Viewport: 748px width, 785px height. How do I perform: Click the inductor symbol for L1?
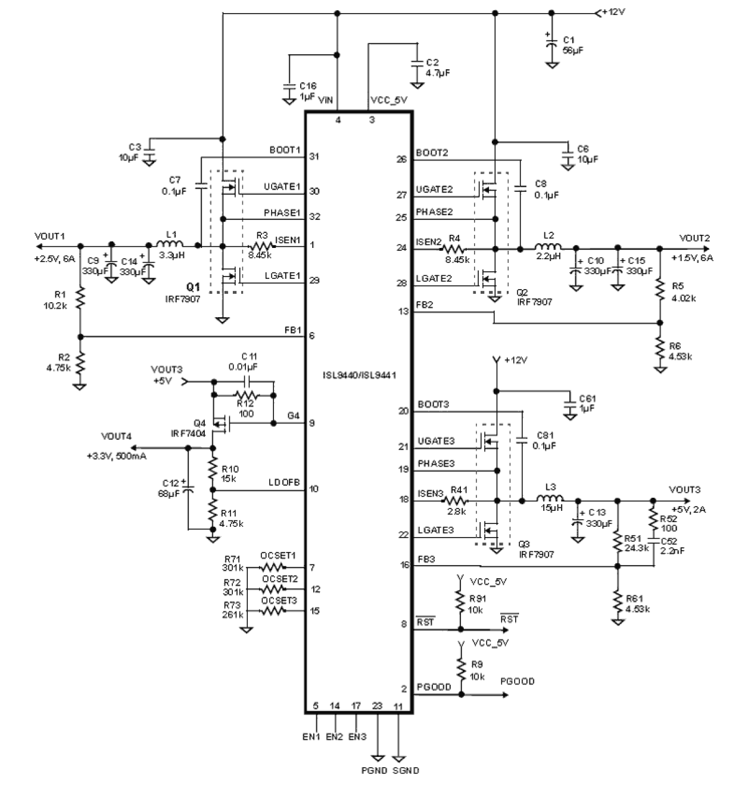pyautogui.click(x=170, y=244)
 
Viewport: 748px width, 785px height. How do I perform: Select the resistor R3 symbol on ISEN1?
pyautogui.click(x=260, y=246)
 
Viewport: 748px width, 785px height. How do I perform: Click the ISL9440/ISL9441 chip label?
pyautogui.click(x=359, y=376)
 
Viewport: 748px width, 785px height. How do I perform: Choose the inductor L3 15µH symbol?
pyautogui.click(x=551, y=499)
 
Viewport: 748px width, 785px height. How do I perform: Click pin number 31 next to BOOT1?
pyautogui.click(x=314, y=157)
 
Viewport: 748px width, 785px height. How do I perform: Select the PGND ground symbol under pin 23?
pyautogui.click(x=378, y=756)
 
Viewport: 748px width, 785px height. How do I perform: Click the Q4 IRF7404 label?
pyautogui.click(x=189, y=429)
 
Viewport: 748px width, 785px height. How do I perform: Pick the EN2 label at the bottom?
pyautogui.click(x=334, y=737)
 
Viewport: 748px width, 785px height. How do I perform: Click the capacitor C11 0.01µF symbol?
pyautogui.click(x=248, y=381)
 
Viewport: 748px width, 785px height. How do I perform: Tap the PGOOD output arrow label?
pyautogui.click(x=517, y=681)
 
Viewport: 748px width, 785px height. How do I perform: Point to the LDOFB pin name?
pyautogui.click(x=284, y=482)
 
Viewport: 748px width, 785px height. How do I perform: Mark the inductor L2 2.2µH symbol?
pyautogui.click(x=548, y=248)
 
